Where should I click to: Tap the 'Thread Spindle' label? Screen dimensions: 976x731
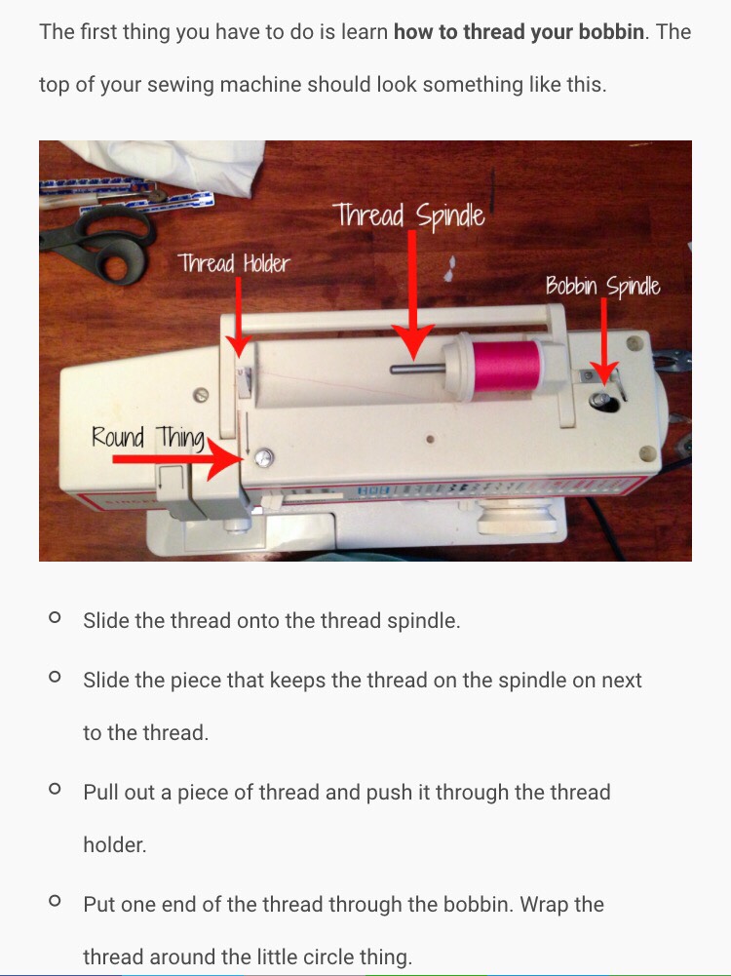pos(408,215)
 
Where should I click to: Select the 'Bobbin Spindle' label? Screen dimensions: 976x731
pos(601,287)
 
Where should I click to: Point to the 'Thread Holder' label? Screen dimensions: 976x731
pos(234,262)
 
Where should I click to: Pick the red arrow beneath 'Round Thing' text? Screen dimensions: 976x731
pos(175,457)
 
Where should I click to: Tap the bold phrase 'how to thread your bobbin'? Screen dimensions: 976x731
pos(519,32)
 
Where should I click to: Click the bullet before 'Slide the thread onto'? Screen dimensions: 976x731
pos(55,618)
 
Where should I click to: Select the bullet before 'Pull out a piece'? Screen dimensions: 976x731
pos(55,788)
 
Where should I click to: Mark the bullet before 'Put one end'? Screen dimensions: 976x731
pos(55,902)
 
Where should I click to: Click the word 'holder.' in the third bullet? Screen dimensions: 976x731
pos(115,845)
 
